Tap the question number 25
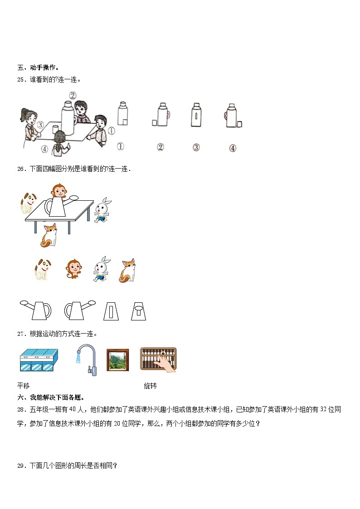click(x=21, y=80)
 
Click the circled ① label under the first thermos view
click(x=121, y=146)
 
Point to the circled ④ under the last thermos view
click(x=232, y=148)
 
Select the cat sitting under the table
click(x=49, y=235)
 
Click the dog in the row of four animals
click(x=42, y=269)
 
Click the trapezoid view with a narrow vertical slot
click(x=111, y=311)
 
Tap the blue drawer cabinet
click(x=39, y=361)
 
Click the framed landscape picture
click(x=117, y=360)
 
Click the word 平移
click(x=24, y=386)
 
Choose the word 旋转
click(x=150, y=386)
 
